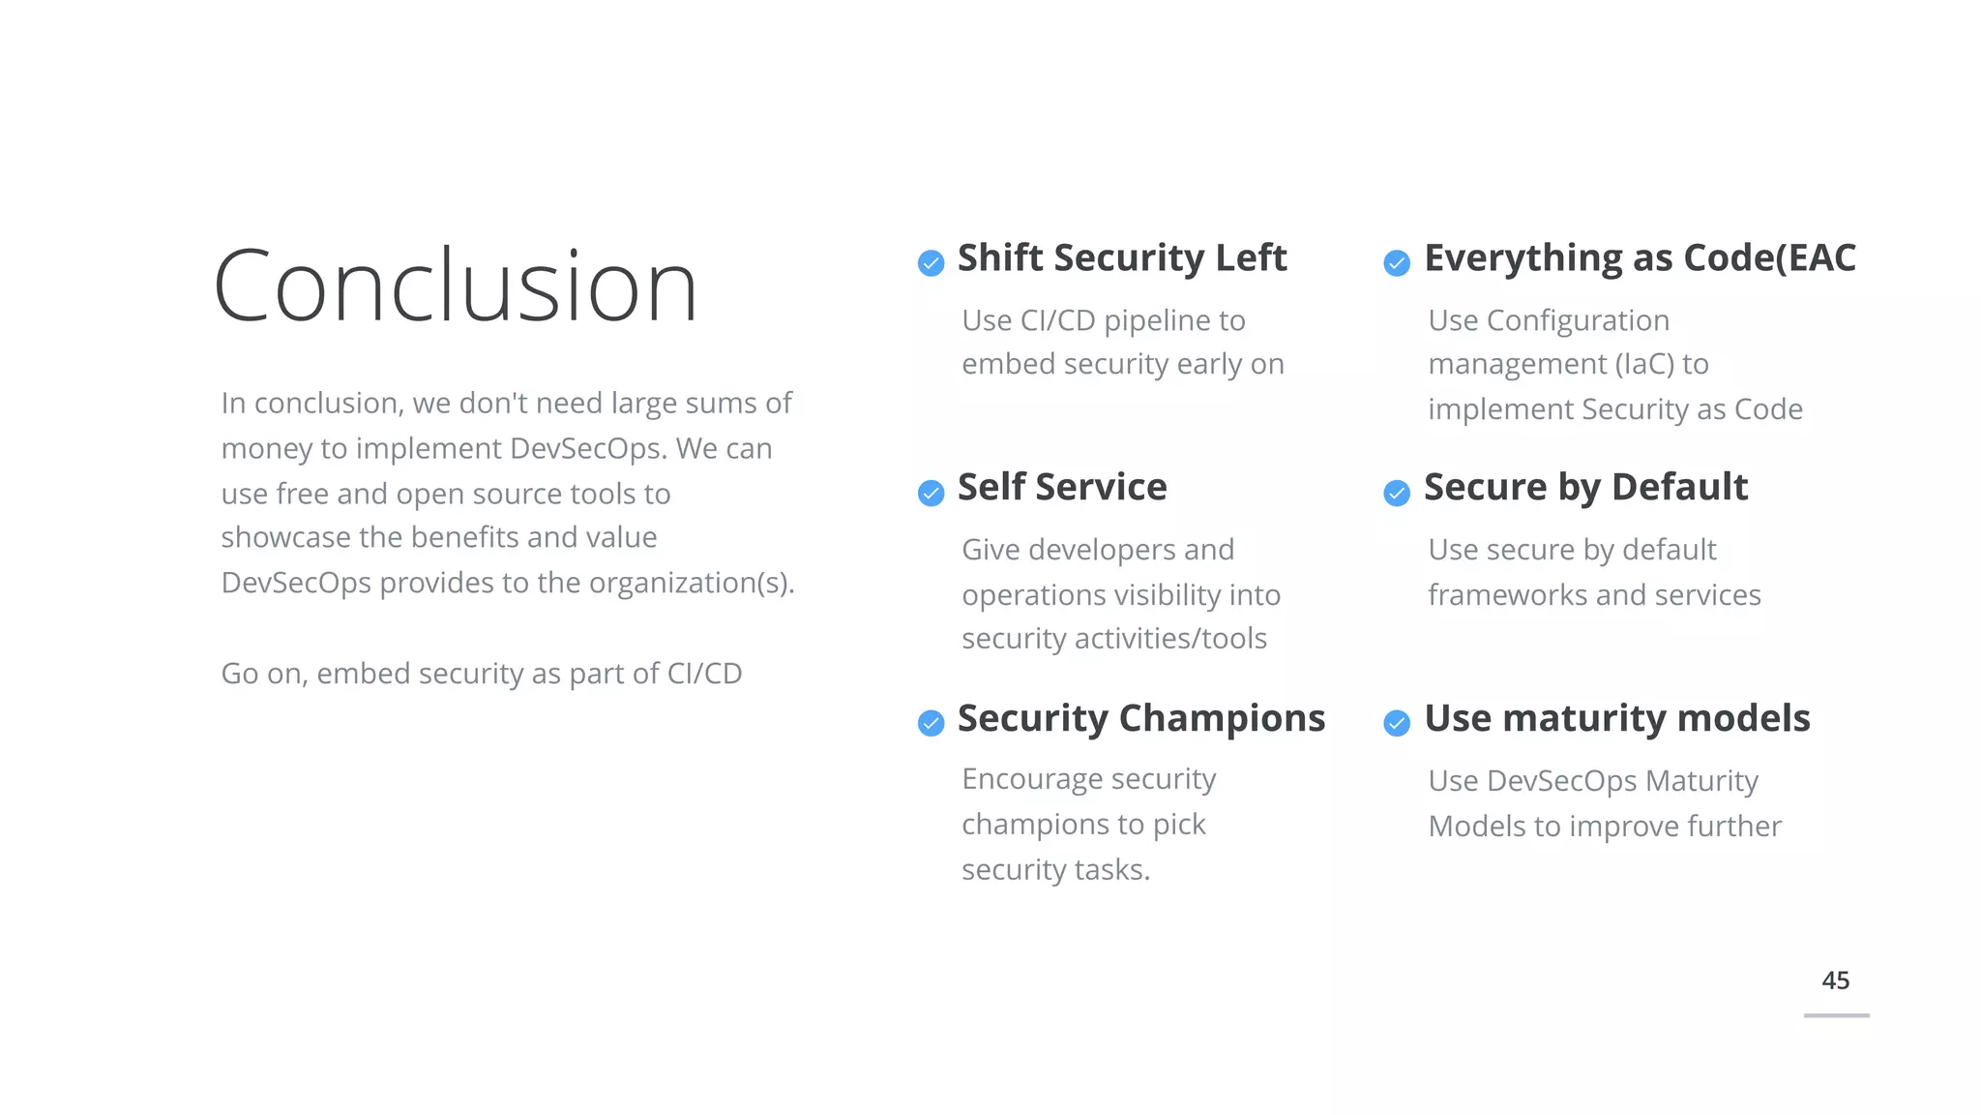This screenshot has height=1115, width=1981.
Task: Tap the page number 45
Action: [1835, 980]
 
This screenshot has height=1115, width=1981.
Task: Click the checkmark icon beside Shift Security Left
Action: [931, 262]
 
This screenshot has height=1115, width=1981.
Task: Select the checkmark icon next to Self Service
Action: [931, 493]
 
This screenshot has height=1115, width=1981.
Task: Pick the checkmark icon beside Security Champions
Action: [931, 723]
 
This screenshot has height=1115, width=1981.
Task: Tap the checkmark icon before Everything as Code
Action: [1397, 262]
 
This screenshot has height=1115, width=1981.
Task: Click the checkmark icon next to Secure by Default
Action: [1397, 493]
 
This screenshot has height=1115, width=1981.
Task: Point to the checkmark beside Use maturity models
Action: [1397, 723]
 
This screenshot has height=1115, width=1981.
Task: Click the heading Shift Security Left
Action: [1121, 258]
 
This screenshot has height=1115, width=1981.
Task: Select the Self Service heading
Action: [1061, 487]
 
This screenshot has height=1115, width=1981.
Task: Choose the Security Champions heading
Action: [1140, 718]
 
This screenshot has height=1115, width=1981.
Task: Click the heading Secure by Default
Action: [1585, 487]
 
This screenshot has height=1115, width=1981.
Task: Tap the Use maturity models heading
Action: [1616, 718]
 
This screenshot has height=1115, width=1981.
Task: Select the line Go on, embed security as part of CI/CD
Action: [481, 674]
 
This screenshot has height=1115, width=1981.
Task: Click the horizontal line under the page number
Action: [1836, 1015]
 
